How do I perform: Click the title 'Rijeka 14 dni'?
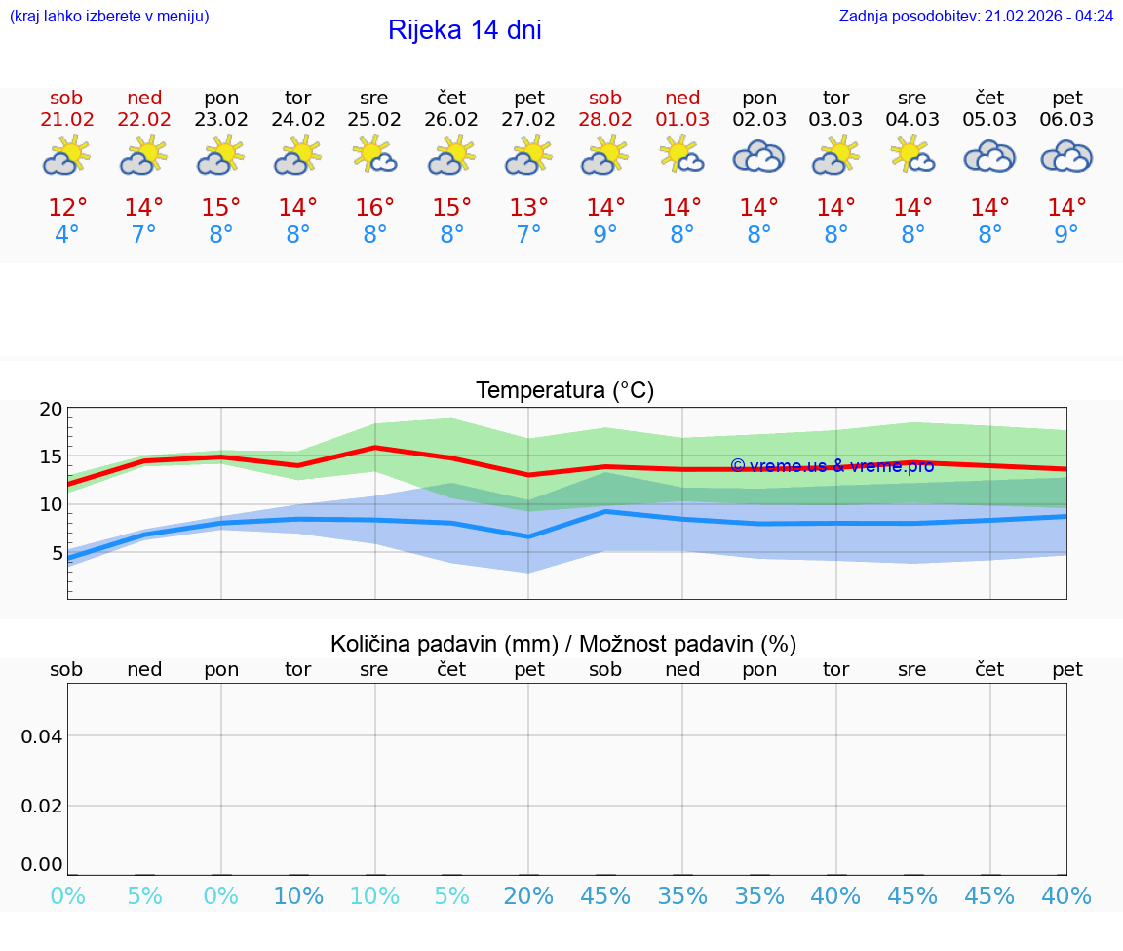click(x=464, y=30)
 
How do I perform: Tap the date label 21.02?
click(x=66, y=120)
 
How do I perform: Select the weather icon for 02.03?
click(x=758, y=157)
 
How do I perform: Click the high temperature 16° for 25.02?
click(x=374, y=208)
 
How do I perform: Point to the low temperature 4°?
click(x=66, y=235)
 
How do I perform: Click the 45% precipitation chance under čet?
click(x=989, y=896)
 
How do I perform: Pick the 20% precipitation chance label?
click(x=528, y=896)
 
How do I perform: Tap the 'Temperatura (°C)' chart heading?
click(x=564, y=391)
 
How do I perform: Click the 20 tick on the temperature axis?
click(x=51, y=410)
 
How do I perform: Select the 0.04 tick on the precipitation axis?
click(x=42, y=736)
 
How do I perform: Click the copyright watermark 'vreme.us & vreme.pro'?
click(x=832, y=466)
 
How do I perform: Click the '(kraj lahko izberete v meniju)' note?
click(x=109, y=17)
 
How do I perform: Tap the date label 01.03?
click(x=682, y=120)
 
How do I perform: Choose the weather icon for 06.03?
click(x=1066, y=157)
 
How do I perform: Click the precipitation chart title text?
click(x=563, y=644)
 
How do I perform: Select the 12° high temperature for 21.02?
click(x=67, y=208)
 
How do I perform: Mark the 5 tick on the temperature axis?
click(x=56, y=553)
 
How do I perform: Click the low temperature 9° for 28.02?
click(x=605, y=235)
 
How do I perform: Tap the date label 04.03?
click(x=912, y=120)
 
